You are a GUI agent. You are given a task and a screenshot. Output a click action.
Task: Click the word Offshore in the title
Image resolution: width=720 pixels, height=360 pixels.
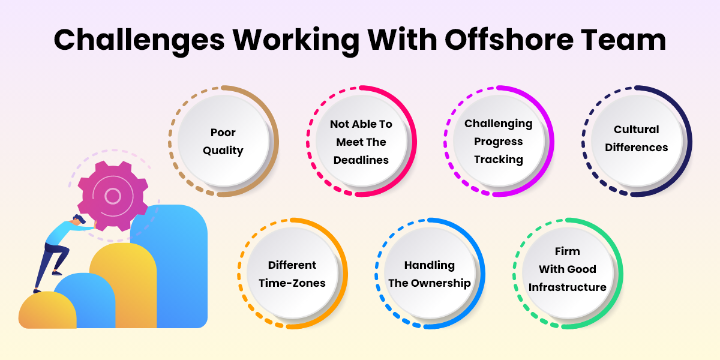coord(509,40)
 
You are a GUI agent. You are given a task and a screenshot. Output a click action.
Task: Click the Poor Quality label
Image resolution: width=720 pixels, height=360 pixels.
coord(223,142)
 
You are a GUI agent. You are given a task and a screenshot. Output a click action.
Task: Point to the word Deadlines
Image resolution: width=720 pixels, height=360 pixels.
coord(361,160)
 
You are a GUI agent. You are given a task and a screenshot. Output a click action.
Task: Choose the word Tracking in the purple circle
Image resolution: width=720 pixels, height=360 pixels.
coord(499,160)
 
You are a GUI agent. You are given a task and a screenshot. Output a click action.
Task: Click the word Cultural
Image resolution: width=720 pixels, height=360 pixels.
coord(637,130)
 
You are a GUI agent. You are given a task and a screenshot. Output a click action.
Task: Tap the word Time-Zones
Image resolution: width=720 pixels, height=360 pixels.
coord(292,283)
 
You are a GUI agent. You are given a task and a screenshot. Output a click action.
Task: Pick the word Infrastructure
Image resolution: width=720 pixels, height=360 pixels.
coord(568,287)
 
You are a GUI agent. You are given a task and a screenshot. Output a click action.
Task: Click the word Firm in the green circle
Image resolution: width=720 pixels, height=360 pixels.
coord(568,251)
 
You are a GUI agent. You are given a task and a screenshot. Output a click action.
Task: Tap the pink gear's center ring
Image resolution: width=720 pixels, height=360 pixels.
coord(113,196)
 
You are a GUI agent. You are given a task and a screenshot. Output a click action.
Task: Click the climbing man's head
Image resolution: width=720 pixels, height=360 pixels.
coord(79,221)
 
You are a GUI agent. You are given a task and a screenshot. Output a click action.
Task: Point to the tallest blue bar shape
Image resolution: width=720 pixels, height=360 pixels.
coord(169,266)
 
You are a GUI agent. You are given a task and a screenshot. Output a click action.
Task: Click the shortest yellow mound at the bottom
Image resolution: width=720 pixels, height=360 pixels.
coord(47,310)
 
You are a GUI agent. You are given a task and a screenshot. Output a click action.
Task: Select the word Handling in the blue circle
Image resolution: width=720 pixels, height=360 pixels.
coord(430,265)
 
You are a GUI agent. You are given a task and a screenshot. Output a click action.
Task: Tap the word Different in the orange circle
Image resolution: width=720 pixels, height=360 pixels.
coord(292,265)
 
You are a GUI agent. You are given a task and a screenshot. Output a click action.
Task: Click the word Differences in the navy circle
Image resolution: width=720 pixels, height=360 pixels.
coord(637,148)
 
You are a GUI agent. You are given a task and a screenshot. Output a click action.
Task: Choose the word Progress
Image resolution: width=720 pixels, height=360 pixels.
coord(499,142)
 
